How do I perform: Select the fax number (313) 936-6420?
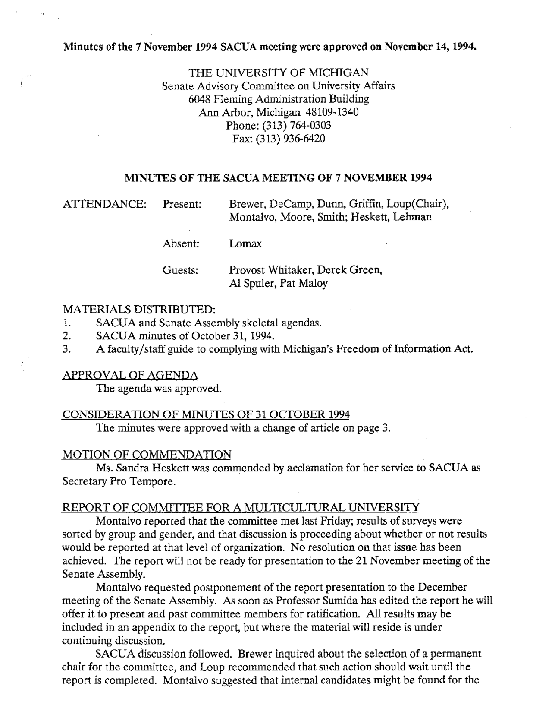point(291,139)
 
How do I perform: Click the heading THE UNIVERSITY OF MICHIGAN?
point(278,72)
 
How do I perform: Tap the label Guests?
point(180,271)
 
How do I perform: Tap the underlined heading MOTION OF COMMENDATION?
point(147,455)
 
